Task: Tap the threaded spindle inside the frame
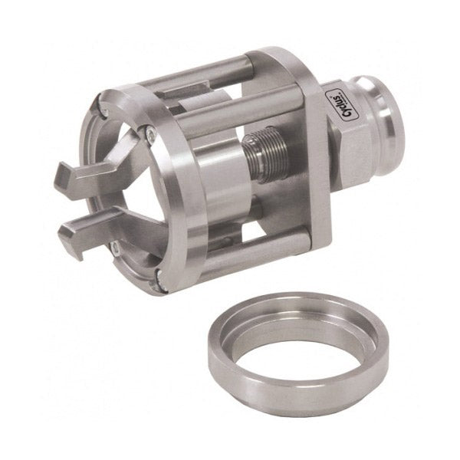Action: click(x=264, y=155)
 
